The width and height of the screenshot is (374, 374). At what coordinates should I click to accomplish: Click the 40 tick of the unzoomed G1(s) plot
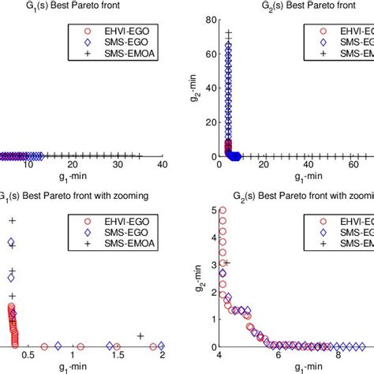coord(163,165)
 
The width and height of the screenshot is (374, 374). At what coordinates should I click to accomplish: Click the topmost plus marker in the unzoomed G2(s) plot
coord(228,34)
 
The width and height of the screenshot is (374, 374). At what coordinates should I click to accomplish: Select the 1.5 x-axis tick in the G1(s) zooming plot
coord(117,356)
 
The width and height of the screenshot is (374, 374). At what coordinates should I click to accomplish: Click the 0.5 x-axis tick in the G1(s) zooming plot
coord(28,356)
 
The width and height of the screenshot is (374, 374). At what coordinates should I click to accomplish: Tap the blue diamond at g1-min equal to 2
coord(161,346)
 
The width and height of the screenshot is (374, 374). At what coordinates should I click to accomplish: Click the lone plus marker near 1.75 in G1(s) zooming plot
coord(140,336)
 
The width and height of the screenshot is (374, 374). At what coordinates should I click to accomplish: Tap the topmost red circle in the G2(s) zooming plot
coord(223,211)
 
